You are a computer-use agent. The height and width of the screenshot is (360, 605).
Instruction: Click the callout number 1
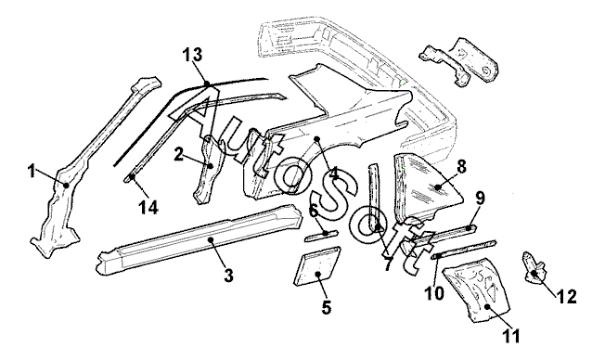click(x=32, y=171)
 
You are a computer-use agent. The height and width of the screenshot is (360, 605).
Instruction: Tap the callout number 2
click(x=178, y=155)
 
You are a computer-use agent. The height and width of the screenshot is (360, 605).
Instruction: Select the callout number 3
click(x=228, y=276)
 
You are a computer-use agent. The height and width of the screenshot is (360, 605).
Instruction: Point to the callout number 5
click(x=326, y=307)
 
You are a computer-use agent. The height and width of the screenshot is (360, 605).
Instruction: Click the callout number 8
click(x=460, y=167)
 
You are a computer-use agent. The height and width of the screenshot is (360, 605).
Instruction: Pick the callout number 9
click(x=480, y=199)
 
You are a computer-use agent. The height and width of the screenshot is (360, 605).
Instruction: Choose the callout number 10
click(x=434, y=293)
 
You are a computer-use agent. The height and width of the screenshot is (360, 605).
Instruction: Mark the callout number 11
click(x=511, y=336)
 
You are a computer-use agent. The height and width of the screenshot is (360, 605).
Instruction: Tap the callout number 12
click(x=567, y=296)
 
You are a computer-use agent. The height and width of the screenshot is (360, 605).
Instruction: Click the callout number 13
click(x=192, y=55)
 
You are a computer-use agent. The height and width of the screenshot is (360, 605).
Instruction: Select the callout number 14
click(x=148, y=208)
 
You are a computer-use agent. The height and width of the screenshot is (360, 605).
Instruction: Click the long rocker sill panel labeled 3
click(x=201, y=238)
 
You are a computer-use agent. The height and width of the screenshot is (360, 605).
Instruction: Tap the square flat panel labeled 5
click(x=317, y=266)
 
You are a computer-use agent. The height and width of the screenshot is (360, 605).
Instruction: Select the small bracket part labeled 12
click(x=534, y=268)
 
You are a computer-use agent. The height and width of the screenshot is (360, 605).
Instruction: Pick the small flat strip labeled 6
click(x=321, y=236)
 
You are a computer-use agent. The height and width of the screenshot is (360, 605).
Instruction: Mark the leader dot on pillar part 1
click(x=66, y=186)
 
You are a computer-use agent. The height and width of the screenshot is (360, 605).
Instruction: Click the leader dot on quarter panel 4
click(x=316, y=138)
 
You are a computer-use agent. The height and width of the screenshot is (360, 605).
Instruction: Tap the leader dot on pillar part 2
click(x=211, y=166)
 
